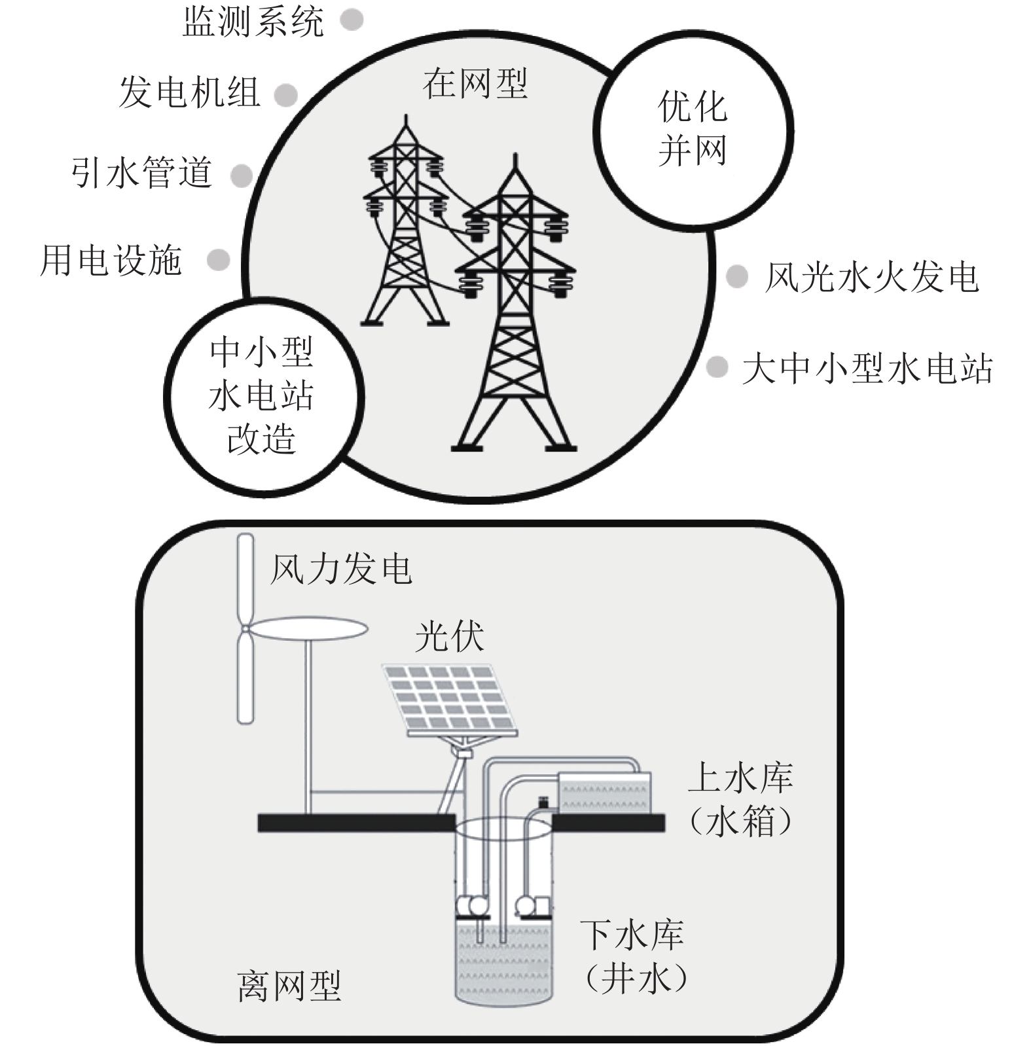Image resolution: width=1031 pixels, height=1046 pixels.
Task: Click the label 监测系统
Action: (253, 22)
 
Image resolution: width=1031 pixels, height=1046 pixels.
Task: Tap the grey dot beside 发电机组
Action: (286, 95)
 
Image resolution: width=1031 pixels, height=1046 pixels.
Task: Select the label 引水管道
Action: (141, 173)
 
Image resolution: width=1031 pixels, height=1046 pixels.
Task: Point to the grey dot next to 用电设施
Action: (219, 260)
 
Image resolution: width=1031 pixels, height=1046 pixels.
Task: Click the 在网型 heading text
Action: (475, 84)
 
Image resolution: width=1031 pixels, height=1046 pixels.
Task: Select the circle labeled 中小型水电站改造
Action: (262, 396)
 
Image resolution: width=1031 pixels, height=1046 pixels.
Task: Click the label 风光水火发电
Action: (871, 277)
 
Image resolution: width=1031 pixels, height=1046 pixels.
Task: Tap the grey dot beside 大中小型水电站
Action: (717, 367)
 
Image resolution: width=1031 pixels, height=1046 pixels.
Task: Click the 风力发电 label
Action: (341, 569)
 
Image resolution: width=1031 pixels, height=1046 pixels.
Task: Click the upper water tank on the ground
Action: (604, 793)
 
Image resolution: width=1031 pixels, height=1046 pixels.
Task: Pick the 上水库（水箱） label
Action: (740, 799)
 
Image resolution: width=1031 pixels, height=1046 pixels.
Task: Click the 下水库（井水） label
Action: (633, 955)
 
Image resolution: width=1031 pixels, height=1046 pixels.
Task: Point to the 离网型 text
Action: (289, 986)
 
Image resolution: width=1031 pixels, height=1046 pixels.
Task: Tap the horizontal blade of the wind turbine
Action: (308, 629)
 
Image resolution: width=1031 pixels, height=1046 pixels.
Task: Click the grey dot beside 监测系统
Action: (352, 20)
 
